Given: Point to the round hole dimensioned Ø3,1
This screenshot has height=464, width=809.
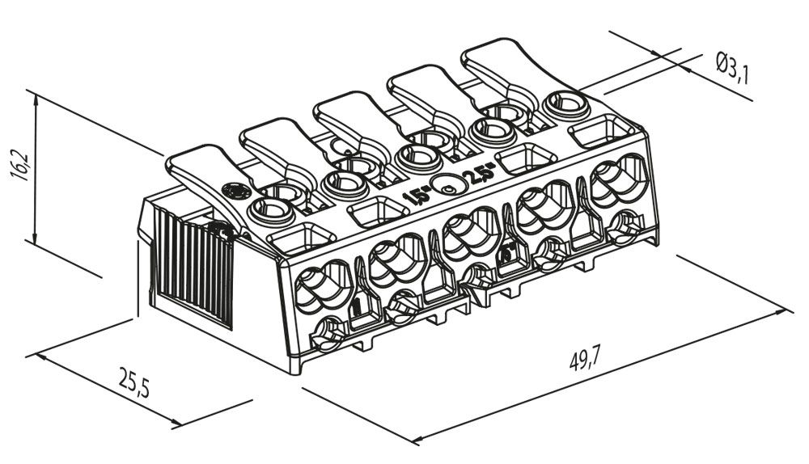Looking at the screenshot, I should pos(567,103).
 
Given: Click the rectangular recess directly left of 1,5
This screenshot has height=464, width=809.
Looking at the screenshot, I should pos(377,213).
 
